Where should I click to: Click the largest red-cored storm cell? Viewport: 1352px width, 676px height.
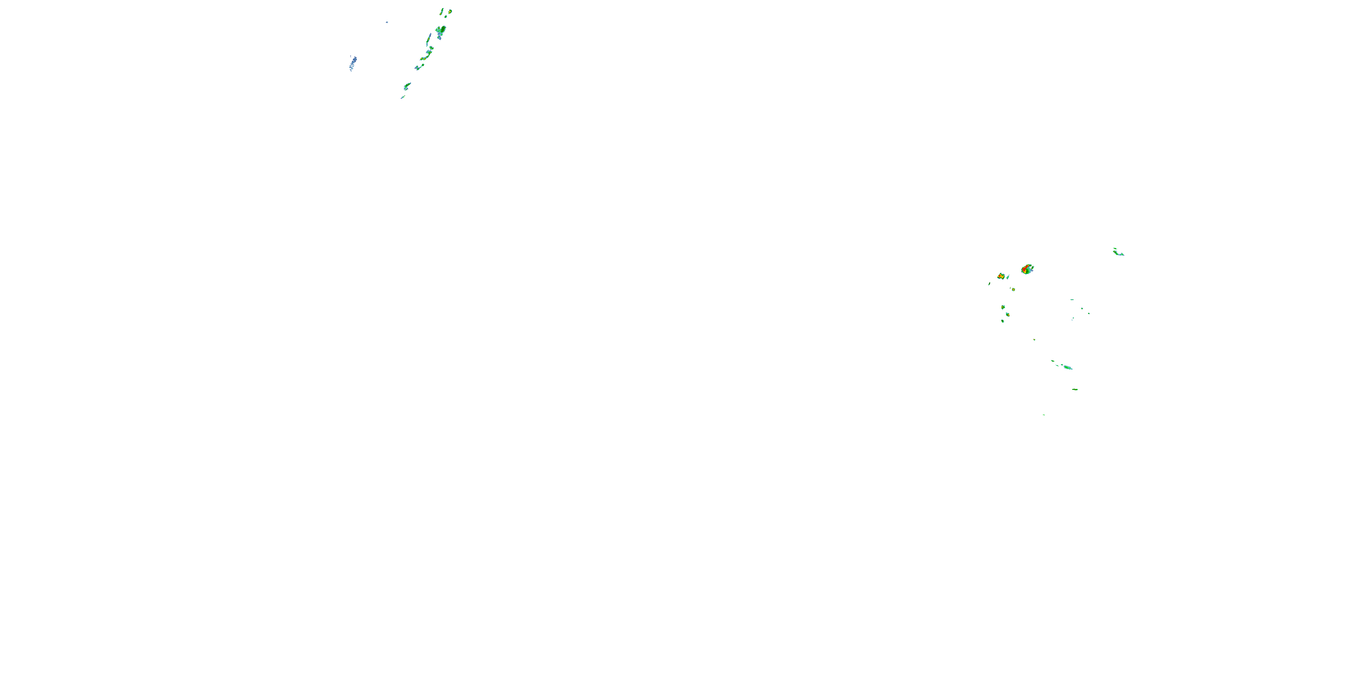tap(1027, 269)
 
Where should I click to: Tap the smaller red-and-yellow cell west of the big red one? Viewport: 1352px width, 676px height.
tap(1001, 276)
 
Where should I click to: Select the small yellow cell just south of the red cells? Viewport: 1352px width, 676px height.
tap(1014, 289)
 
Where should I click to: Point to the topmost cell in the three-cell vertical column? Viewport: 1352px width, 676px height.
tap(1003, 307)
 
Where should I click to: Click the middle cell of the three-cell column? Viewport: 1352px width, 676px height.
tap(1008, 315)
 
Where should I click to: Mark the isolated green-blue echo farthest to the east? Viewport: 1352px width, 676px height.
tap(1118, 252)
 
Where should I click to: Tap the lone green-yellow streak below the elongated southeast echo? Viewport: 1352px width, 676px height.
tap(1075, 389)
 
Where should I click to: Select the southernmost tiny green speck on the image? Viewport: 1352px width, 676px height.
tap(1043, 415)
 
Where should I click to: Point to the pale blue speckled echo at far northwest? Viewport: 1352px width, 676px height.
tap(353, 63)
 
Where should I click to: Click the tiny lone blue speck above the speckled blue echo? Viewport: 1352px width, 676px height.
tap(387, 22)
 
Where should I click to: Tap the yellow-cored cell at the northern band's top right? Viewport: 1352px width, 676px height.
tap(450, 11)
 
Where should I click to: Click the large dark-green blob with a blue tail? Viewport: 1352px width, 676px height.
tap(440, 32)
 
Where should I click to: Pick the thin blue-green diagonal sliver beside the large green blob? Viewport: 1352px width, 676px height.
tap(429, 39)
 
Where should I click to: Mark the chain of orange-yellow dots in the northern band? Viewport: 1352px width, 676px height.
tap(426, 54)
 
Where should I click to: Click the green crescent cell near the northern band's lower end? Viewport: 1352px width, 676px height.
tap(407, 86)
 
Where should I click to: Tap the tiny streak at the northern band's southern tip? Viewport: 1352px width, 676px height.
tap(402, 97)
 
